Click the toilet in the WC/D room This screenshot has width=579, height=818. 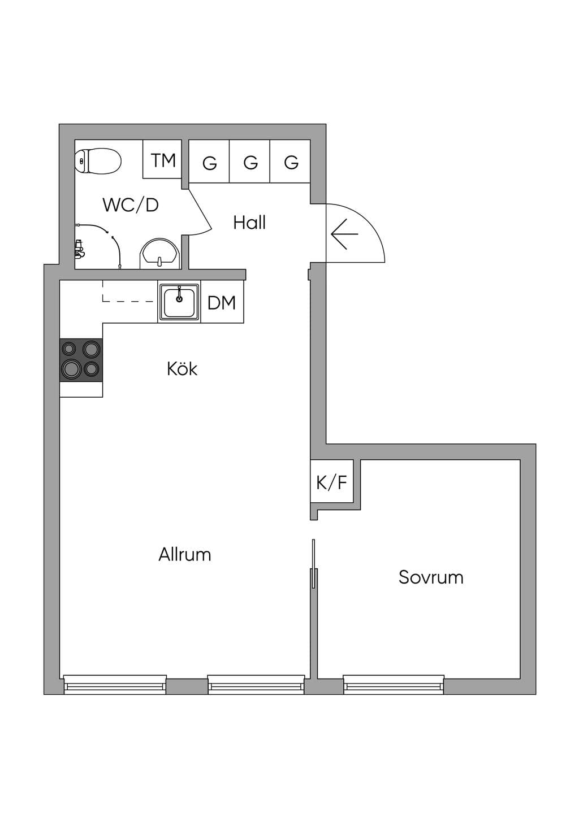coord(98,160)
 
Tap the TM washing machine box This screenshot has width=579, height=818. coord(162,159)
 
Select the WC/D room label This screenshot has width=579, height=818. coord(131,205)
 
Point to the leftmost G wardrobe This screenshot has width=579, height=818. coord(209,161)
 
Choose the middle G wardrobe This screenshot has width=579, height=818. coord(250,161)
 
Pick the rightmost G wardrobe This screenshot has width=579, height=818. coord(290,161)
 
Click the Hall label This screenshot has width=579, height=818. coord(249,223)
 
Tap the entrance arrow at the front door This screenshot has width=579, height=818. coord(344,234)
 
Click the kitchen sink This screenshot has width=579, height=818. coord(179,302)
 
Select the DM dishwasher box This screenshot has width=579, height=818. coord(222,303)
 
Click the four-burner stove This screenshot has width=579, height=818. coord(81,360)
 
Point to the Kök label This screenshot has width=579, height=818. coord(182,369)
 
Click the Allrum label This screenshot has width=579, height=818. coord(184,555)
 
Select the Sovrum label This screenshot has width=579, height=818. coord(431,577)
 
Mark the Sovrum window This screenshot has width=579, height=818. coord(394,684)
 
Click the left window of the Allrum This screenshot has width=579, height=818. coord(115,684)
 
